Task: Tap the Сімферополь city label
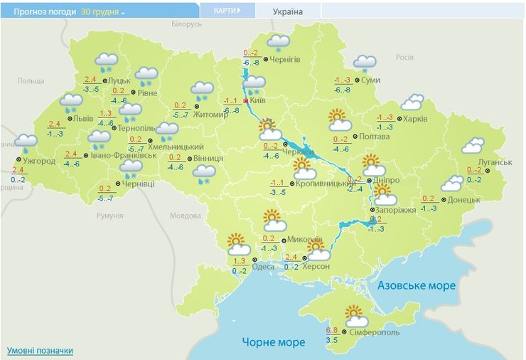[374, 332]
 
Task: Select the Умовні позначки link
[40, 351]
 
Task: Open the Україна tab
[288, 12]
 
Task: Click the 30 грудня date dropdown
[102, 13]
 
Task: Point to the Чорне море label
[274, 342]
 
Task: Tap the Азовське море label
[416, 285]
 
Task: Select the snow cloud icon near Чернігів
[278, 43]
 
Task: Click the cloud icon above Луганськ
[473, 146]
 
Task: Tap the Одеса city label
[263, 267]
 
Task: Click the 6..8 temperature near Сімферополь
[332, 330]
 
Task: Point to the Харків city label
[415, 118]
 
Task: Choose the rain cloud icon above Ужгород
[26, 143]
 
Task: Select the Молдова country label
[186, 216]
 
